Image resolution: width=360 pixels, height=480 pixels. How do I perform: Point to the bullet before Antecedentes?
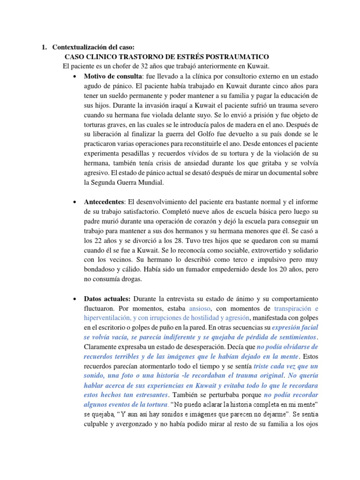[75, 202]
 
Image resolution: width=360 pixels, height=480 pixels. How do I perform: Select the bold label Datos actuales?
[108, 299]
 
